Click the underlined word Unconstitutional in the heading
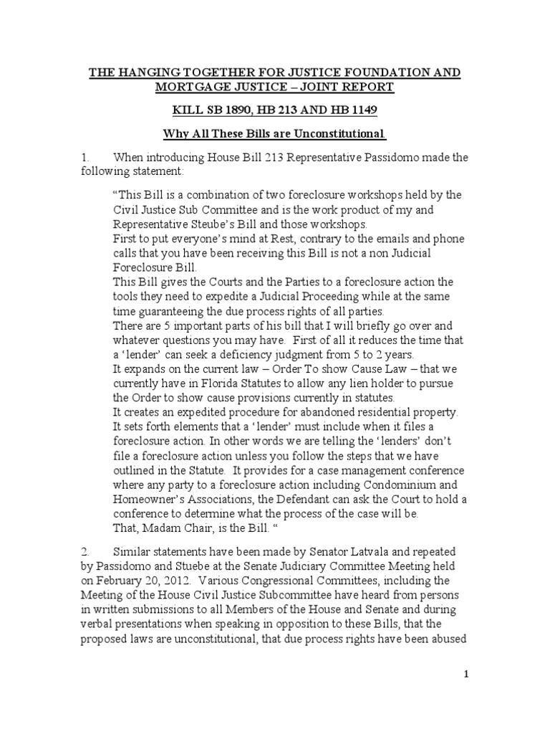335,134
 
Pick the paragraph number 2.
84,543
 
